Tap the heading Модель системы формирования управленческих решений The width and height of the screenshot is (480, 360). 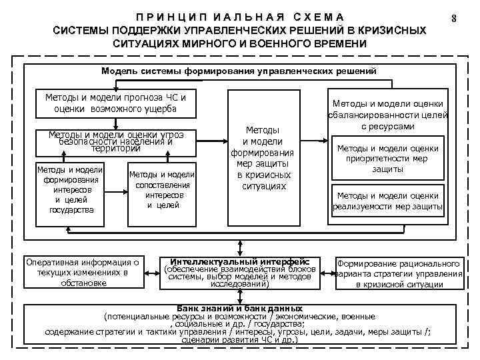(x=239, y=70)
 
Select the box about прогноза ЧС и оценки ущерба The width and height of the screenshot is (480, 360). (x=115, y=103)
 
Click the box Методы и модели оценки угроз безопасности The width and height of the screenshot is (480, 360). (x=115, y=141)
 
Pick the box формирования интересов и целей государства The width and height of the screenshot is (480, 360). (x=71, y=189)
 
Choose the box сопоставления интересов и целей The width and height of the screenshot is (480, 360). (x=163, y=190)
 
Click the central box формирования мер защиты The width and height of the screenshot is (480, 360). (x=262, y=157)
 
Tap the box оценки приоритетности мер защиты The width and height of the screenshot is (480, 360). (x=388, y=159)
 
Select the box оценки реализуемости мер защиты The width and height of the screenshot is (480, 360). (x=388, y=201)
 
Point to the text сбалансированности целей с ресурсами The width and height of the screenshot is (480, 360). (x=388, y=120)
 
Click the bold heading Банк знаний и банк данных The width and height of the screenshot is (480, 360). (x=238, y=309)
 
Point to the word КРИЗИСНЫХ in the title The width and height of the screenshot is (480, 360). (x=389, y=31)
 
